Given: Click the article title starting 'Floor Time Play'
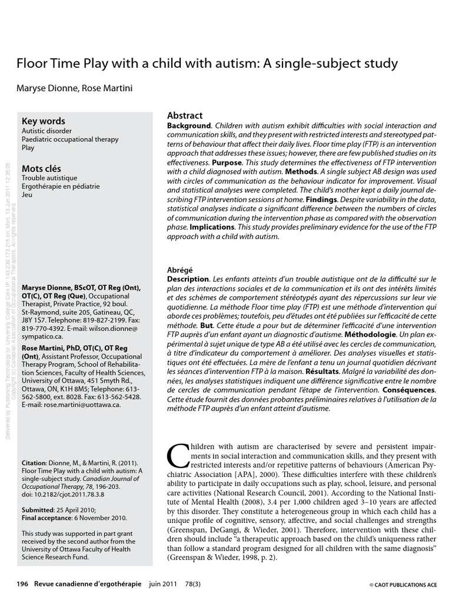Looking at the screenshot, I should (x=207, y=63).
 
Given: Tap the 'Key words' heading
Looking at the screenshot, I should (x=43, y=121).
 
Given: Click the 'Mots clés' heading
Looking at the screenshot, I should (x=41, y=168).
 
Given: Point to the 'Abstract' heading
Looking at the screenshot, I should (x=185, y=115).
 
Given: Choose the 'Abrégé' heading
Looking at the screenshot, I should (x=181, y=270).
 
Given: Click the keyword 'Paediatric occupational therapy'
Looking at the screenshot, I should (x=69, y=140).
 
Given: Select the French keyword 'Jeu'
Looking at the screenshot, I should (x=27, y=195).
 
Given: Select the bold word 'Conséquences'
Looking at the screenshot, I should (x=409, y=390).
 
